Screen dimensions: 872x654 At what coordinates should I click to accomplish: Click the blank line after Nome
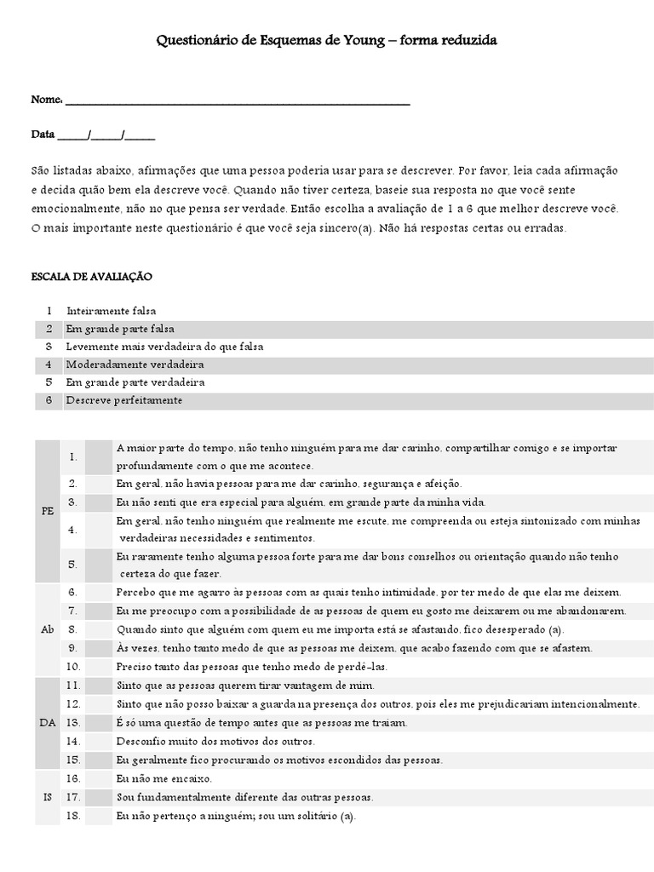pos(238,101)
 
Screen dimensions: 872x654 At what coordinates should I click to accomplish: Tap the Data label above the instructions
pos(43,135)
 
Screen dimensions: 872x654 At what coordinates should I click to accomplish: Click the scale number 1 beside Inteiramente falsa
pos(49,311)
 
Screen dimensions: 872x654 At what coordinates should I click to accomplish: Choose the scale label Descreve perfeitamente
pos(124,400)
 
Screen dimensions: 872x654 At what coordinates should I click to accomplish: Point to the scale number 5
pos(49,382)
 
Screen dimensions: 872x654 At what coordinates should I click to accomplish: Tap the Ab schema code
pos(47,629)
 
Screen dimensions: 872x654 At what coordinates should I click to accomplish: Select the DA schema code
pos(47,722)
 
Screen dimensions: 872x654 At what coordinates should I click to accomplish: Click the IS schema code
pos(47,797)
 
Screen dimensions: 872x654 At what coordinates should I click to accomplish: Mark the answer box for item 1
pos(99,456)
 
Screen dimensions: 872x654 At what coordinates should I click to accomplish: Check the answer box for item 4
pos(99,530)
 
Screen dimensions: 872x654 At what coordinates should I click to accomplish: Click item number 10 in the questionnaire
pos(73,666)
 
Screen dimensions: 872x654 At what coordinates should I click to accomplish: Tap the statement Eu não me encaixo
pos(164,778)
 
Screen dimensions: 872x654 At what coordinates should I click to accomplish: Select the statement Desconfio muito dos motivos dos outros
pos(202,741)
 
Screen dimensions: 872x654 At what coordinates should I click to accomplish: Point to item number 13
pos(73,722)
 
